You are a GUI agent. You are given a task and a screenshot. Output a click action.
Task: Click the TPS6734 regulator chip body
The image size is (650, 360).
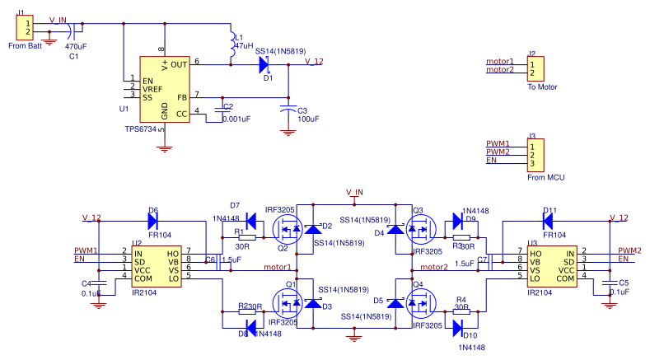(164, 90)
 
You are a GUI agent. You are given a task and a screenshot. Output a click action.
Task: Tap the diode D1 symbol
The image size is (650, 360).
(263, 63)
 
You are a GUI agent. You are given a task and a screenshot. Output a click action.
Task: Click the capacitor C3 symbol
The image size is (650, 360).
(288, 109)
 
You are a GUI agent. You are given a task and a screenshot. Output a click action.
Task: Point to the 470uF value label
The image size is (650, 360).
(77, 46)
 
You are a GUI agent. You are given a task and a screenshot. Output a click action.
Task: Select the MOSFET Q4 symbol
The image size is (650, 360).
(421, 304)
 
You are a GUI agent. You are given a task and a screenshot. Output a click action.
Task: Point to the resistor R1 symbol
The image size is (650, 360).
(246, 236)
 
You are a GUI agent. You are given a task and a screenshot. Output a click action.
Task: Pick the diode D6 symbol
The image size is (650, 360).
(152, 221)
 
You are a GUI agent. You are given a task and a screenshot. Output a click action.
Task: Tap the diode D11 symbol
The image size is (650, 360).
(549, 221)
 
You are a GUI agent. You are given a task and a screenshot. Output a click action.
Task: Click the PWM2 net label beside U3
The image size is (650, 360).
(629, 250)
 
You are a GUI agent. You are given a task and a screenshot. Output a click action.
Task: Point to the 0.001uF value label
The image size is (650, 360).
(236, 119)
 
